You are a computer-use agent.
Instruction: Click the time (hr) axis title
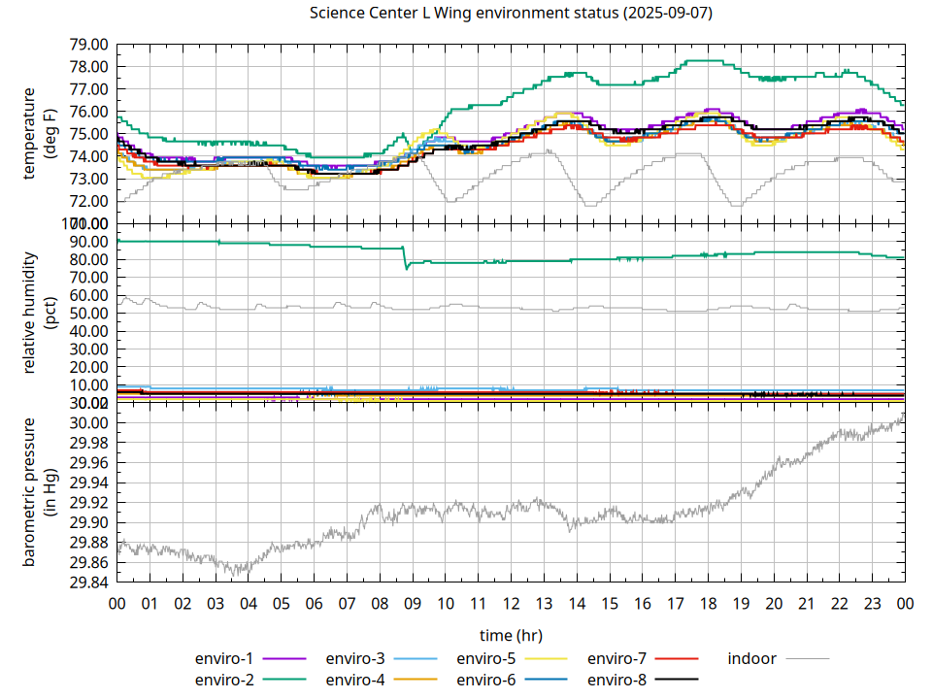(511, 636)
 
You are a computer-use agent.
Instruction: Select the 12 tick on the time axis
(511, 604)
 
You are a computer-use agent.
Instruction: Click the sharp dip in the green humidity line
(407, 267)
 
